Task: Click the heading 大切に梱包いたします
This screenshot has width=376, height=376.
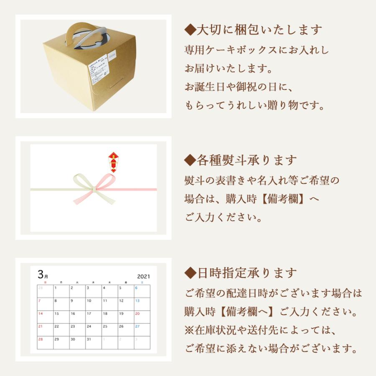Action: (254, 30)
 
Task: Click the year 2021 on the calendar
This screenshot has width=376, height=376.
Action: (143, 277)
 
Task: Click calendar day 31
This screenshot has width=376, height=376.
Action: (89, 339)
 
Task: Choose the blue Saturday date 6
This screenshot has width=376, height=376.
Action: (136, 288)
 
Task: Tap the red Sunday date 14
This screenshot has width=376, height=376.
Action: (41, 314)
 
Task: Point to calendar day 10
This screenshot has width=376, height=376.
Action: (89, 301)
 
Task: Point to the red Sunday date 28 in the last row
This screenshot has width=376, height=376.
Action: (41, 339)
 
